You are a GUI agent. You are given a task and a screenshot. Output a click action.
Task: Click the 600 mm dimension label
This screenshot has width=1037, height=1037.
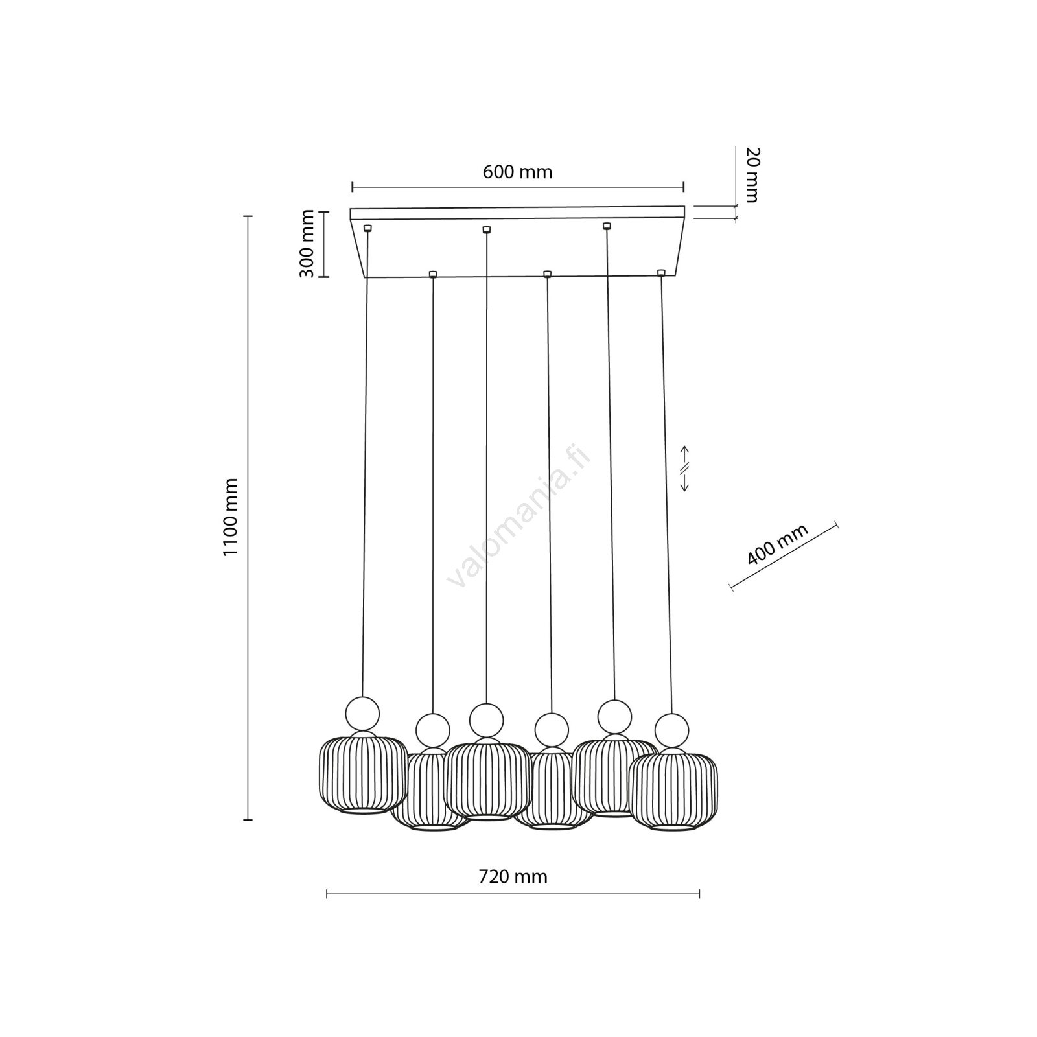coord(517,172)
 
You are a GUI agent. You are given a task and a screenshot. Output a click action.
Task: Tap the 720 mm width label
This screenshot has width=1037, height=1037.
coord(513,877)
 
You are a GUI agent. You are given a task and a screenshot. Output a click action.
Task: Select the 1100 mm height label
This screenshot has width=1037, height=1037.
coord(231,517)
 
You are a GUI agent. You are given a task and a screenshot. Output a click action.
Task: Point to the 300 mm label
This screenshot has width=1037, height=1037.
coord(307,244)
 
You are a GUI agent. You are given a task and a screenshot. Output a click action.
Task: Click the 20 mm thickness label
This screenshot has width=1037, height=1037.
coord(752,175)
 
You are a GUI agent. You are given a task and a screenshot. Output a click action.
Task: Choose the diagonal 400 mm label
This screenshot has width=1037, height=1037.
coord(778,544)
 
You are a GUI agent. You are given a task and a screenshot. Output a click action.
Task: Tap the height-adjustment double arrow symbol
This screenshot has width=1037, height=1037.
coord(684,468)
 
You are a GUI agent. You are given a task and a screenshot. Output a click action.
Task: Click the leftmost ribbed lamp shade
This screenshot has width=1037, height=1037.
coord(363,775)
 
